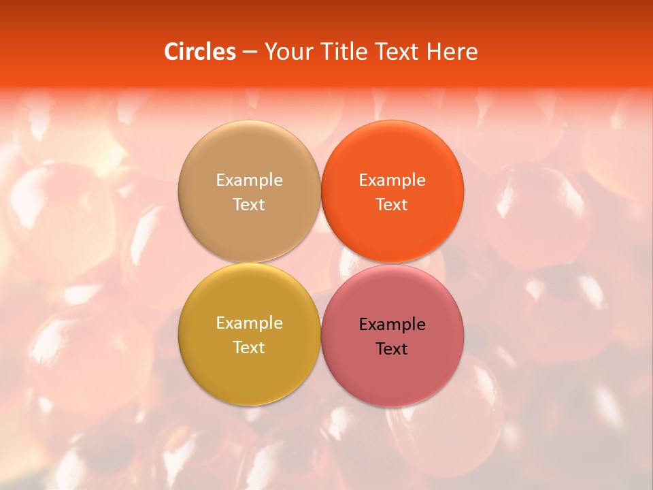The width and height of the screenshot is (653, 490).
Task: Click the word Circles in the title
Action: (199, 52)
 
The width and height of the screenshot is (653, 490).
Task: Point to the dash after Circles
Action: (250, 52)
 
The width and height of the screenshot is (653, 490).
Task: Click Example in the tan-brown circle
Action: (249, 180)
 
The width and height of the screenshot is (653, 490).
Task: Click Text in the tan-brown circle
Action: (249, 204)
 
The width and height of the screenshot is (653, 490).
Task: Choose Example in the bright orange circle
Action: (392, 180)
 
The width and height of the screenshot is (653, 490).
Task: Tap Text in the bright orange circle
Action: (392, 204)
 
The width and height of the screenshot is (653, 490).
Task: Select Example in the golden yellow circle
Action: (249, 323)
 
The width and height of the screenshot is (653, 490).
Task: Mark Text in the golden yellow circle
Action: (249, 347)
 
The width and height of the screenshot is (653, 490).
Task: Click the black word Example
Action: (392, 324)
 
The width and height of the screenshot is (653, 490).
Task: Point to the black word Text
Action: (392, 348)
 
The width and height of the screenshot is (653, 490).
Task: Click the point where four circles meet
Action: (320, 263)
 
